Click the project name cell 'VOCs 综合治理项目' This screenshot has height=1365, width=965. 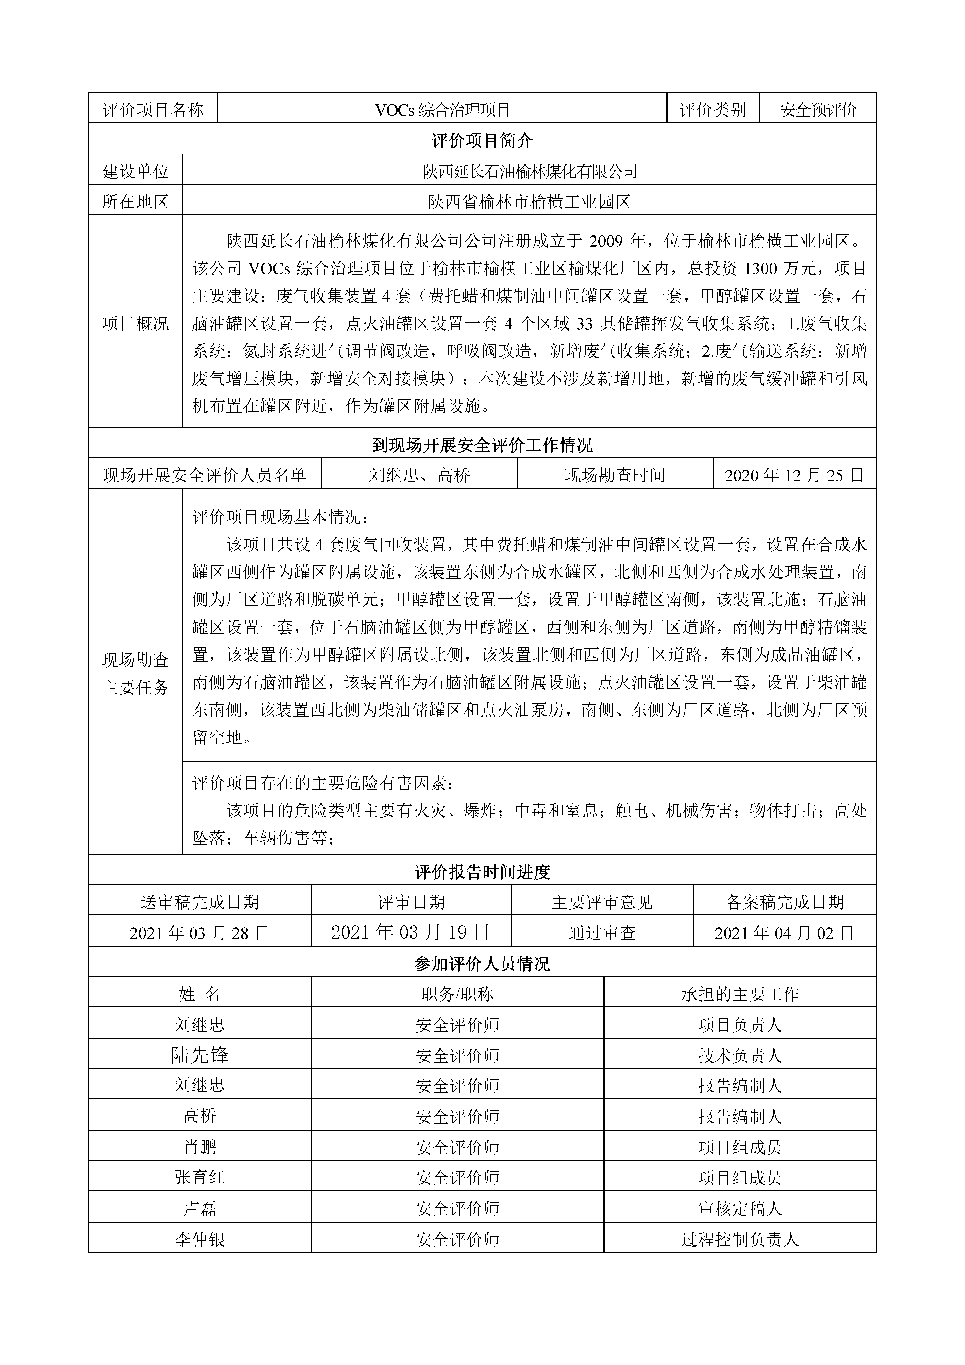[442, 110]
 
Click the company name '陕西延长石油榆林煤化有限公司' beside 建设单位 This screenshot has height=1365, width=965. [530, 172]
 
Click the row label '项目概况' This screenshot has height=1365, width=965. [136, 324]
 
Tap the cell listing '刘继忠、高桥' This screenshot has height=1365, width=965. [419, 475]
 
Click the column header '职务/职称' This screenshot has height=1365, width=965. [457, 994]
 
